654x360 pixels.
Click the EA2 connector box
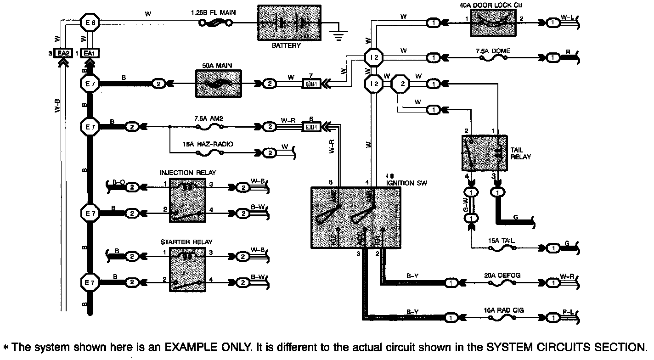point(62,53)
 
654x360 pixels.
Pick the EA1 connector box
point(89,53)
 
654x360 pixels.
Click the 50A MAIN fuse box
point(216,84)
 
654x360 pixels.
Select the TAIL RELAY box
point(484,153)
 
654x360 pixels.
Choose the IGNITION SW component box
point(355,218)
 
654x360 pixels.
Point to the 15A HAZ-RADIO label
point(208,144)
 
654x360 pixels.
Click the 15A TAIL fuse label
point(502,241)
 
